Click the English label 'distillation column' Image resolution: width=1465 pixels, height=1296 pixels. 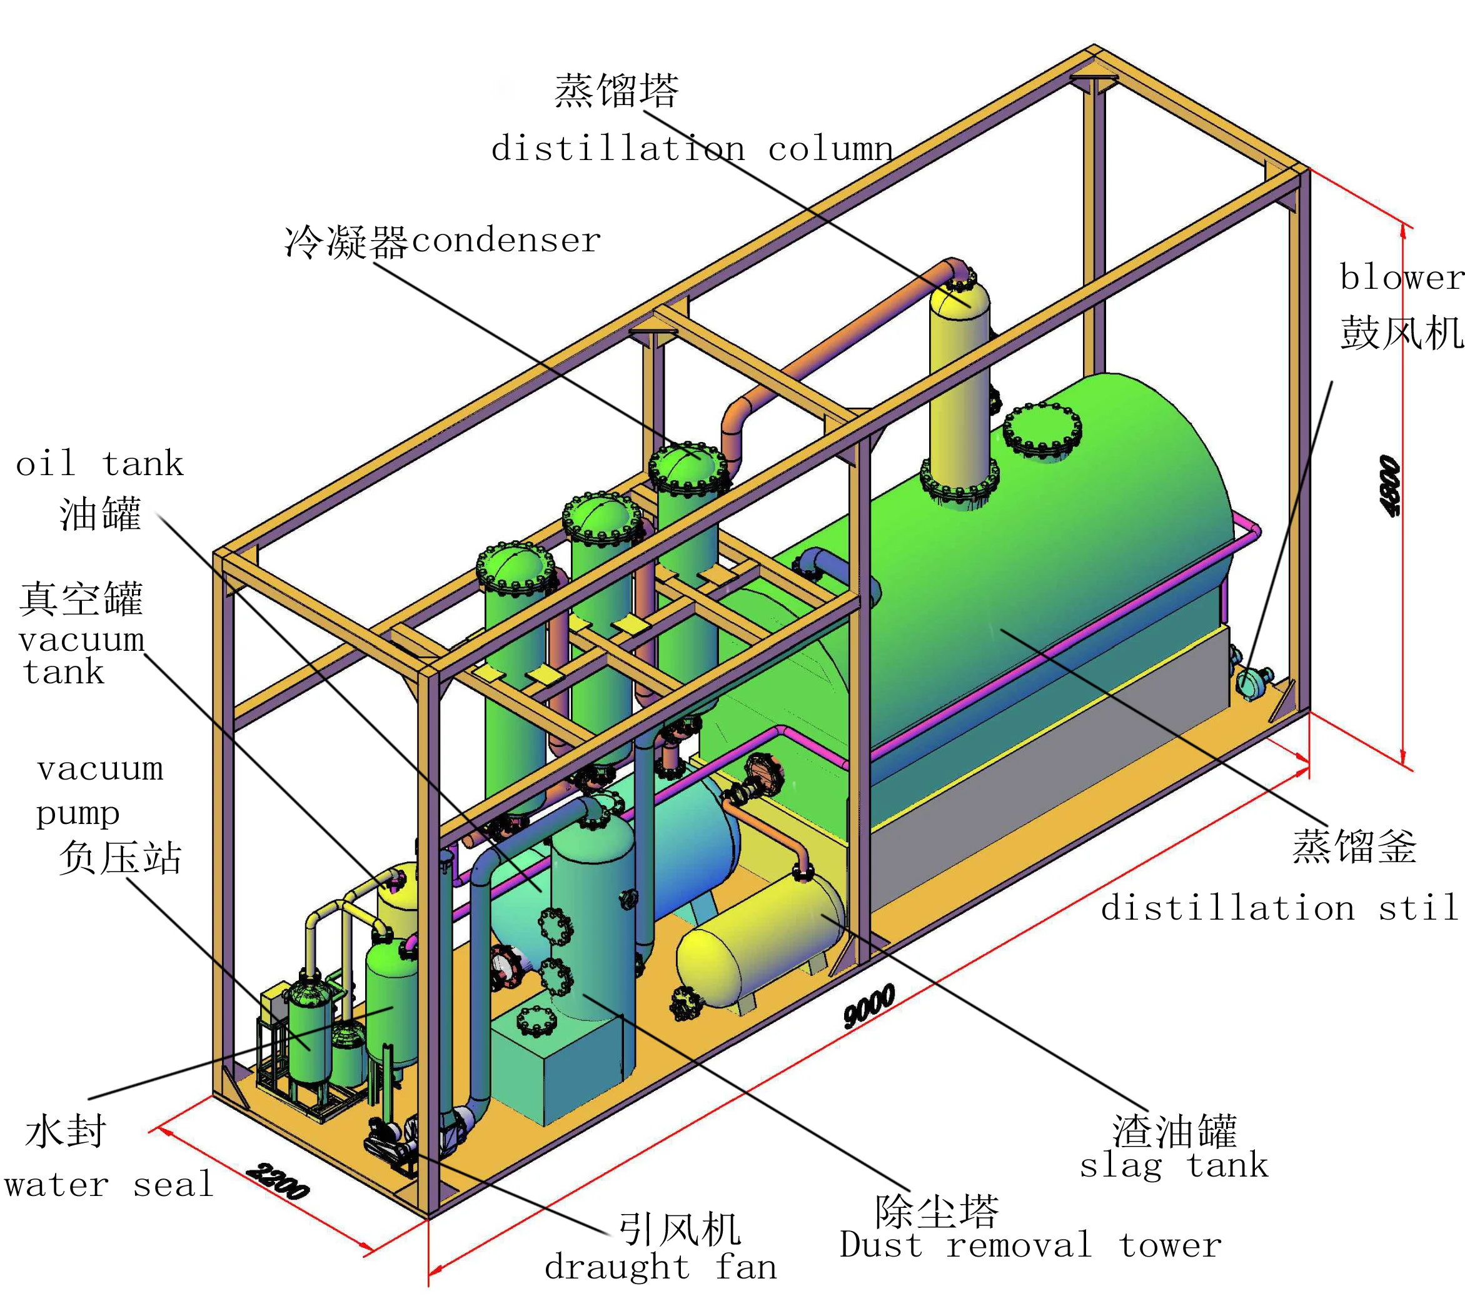pyautogui.click(x=692, y=149)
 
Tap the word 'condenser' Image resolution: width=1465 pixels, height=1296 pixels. pyautogui.click(x=506, y=240)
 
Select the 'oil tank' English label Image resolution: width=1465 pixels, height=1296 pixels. pyautogui.click(x=99, y=464)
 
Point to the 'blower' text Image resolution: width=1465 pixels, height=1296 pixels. pyautogui.click(x=1401, y=278)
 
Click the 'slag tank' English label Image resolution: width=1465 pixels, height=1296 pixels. pyautogui.click(x=1173, y=1165)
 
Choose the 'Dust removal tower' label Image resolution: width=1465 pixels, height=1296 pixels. pyautogui.click(x=1030, y=1245)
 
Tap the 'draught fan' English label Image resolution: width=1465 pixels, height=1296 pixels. pyautogui.click(x=660, y=1267)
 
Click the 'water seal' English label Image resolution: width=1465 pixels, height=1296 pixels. pyautogui.click(x=109, y=1184)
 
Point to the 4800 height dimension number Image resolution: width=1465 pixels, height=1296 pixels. pyautogui.click(x=1389, y=486)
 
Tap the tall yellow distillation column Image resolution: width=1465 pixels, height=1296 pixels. pyautogui.click(x=959, y=387)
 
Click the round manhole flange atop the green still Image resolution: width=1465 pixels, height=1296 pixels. pyautogui.click(x=1042, y=430)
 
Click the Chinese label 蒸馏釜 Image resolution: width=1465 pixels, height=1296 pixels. pyautogui.click(x=1354, y=846)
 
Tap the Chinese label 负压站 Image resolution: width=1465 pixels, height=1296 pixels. pyautogui.click(x=119, y=857)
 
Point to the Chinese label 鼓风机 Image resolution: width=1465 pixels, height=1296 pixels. pyautogui.click(x=1401, y=333)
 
